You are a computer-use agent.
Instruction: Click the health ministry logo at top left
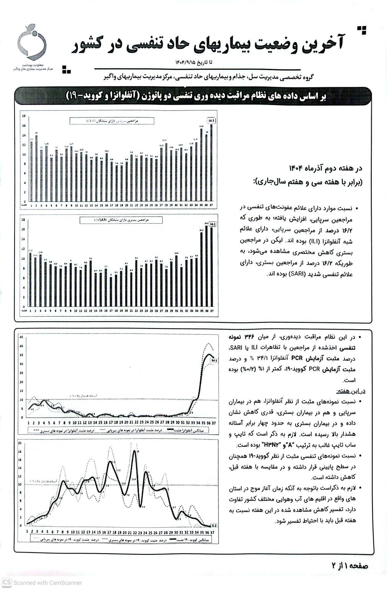coord(32,43)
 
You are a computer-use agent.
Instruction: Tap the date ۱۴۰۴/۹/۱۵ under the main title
coord(186,62)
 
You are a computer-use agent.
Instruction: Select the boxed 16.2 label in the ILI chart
coord(212,121)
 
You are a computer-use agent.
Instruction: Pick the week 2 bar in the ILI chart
coord(36,168)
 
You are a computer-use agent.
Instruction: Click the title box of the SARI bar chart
coord(121,220)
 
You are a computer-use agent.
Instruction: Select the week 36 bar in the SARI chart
coord(207,266)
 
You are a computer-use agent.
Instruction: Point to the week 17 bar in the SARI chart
coord(111,291)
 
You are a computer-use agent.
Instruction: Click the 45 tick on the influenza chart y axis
coord(21,337)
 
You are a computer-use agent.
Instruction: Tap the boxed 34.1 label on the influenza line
coord(214,360)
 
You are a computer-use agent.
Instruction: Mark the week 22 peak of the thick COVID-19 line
coord(134,452)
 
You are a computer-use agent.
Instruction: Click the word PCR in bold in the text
coord(297,359)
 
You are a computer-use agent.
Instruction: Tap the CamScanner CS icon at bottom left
coord(7,583)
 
